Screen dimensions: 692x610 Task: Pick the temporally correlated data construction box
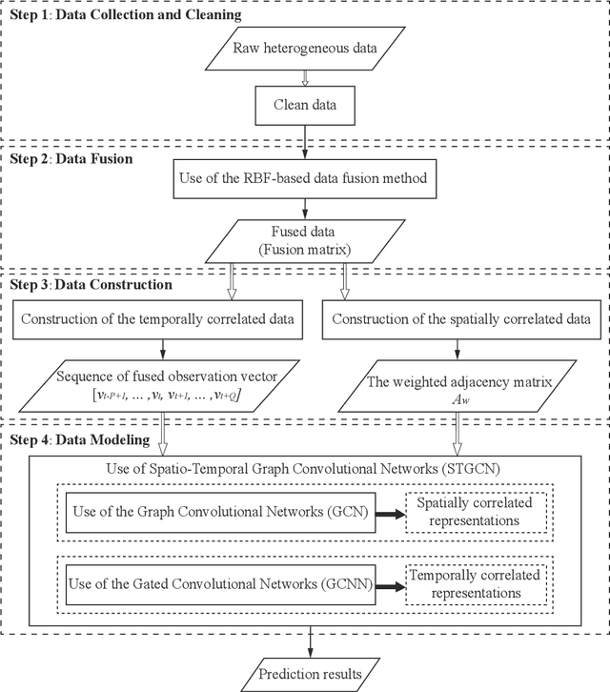click(x=156, y=317)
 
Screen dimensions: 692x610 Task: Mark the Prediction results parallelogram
click(x=310, y=675)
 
